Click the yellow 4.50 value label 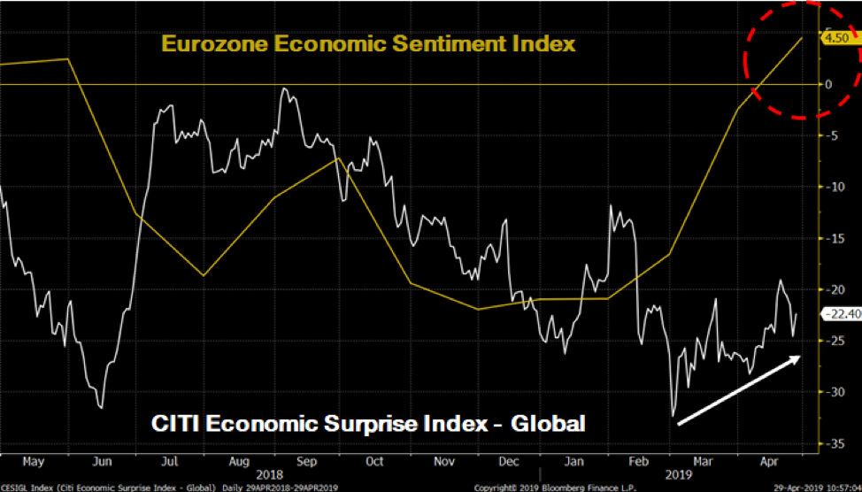835,38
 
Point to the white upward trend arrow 739,390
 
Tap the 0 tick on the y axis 828,85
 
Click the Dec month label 508,461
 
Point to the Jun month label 102,461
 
